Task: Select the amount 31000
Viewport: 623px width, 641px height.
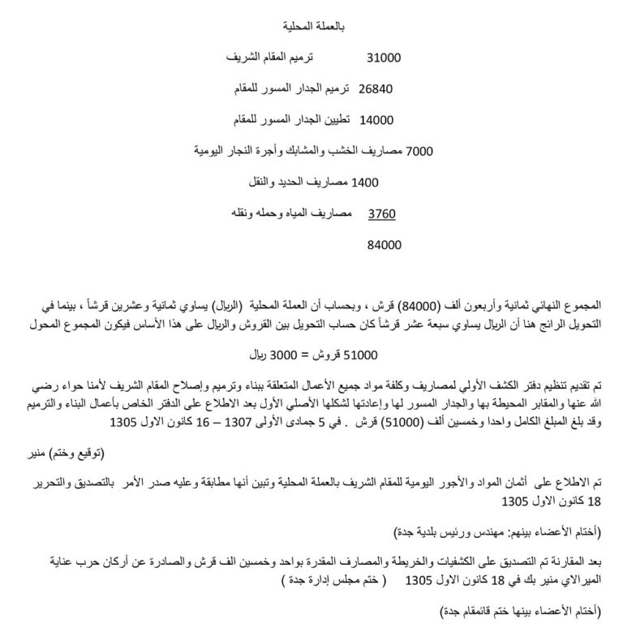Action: pos(384,58)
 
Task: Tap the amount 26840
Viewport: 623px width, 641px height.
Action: pos(375,88)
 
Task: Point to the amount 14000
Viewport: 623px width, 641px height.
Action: pos(376,119)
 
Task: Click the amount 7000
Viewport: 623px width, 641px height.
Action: pos(419,150)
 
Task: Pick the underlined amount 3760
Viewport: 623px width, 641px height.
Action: pos(381,214)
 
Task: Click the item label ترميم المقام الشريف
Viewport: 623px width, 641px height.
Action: pos(276,58)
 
